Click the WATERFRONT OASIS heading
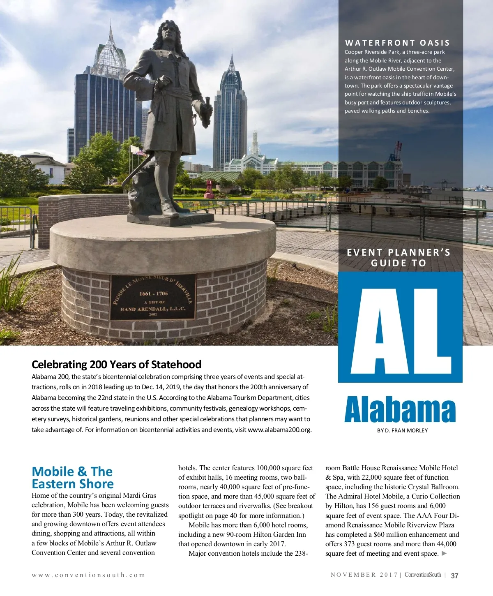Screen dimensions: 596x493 (397, 43)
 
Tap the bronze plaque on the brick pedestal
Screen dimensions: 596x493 (153, 297)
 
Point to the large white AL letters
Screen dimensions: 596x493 (400, 327)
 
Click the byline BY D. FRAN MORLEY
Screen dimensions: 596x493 (402, 430)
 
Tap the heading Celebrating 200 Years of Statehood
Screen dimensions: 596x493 (116, 365)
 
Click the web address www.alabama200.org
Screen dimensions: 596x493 (279, 430)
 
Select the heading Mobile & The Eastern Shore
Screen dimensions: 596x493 (73, 477)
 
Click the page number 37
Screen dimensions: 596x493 (454, 575)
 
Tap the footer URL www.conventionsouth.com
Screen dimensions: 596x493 (88, 575)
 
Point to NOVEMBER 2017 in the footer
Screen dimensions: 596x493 (364, 575)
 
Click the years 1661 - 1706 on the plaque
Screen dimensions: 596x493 (154, 293)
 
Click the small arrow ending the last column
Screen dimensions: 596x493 (444, 553)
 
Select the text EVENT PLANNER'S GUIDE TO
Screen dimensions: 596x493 (399, 258)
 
